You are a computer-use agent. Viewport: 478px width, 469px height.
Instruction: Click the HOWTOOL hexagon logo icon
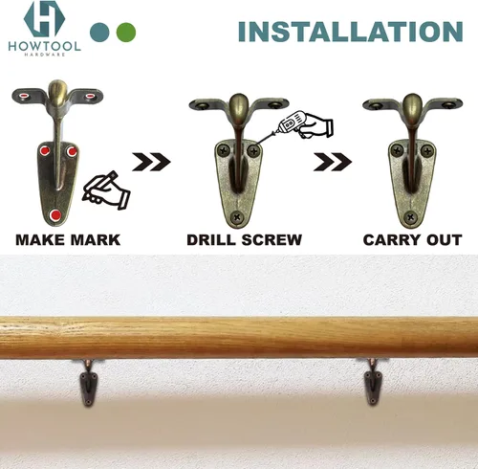tap(44, 19)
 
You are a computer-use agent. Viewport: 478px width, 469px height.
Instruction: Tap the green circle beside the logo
tap(126, 33)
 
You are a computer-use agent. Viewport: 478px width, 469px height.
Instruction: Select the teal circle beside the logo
tap(99, 33)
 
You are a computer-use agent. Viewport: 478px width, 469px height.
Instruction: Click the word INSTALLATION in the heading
tap(350, 32)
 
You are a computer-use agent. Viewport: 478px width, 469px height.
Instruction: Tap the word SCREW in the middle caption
tap(272, 240)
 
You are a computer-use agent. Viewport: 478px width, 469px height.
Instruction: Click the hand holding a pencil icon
tap(106, 190)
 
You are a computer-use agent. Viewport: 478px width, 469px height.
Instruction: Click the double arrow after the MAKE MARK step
tap(151, 162)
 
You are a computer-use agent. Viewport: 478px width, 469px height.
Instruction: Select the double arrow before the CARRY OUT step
tap(333, 162)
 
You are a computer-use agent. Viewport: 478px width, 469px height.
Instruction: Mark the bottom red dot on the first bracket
tap(55, 215)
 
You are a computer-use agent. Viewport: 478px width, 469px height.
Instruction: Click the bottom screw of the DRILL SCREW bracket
tap(237, 217)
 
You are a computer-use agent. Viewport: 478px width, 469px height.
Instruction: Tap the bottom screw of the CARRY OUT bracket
tap(410, 217)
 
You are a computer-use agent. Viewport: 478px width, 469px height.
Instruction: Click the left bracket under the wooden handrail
tap(88, 383)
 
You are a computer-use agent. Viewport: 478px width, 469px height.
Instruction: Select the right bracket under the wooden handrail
tap(373, 382)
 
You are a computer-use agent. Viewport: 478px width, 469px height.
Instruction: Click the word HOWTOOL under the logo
tap(44, 46)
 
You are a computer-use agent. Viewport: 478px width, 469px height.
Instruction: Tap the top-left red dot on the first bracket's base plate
tap(45, 150)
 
